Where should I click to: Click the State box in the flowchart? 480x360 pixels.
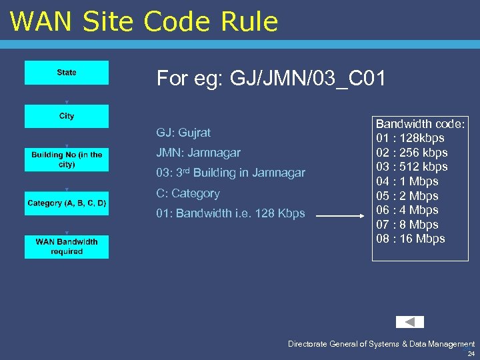67,73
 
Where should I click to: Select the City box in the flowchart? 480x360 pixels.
67,116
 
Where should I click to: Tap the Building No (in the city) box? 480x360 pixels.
67,159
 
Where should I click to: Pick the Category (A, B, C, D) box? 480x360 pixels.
67,203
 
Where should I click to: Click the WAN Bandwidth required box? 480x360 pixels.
67,247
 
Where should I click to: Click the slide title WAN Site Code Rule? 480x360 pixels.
144,21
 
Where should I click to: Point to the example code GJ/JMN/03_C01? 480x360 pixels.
271,79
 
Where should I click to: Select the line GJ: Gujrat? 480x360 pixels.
183,133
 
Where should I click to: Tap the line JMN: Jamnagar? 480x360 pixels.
198,153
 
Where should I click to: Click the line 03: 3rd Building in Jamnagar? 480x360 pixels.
231,173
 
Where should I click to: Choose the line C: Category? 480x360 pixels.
188,193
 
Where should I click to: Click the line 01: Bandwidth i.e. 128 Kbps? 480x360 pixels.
231,213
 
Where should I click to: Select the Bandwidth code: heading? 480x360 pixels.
421,124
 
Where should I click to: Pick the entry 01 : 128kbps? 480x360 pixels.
410,138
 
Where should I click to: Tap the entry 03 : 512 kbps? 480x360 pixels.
411,167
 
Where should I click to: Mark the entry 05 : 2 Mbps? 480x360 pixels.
407,196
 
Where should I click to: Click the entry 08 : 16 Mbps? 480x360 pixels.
410,239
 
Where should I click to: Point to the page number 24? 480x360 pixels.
471,354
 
